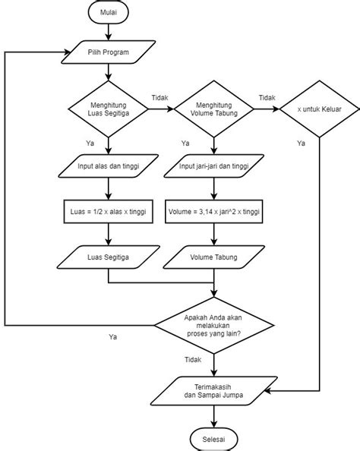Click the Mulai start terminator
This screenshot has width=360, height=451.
click(109, 14)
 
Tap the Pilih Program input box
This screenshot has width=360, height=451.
click(109, 53)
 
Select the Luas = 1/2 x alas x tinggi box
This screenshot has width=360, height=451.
click(109, 212)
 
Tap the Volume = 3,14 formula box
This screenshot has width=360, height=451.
click(215, 212)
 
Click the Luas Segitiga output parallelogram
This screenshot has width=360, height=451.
click(109, 257)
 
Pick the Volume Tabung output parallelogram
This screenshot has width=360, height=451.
click(215, 257)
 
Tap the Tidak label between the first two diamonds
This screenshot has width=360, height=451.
click(160, 98)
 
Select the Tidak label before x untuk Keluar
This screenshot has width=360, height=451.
click(267, 98)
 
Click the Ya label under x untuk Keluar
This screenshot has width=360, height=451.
click(301, 143)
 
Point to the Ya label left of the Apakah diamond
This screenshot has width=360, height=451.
click(113, 336)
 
